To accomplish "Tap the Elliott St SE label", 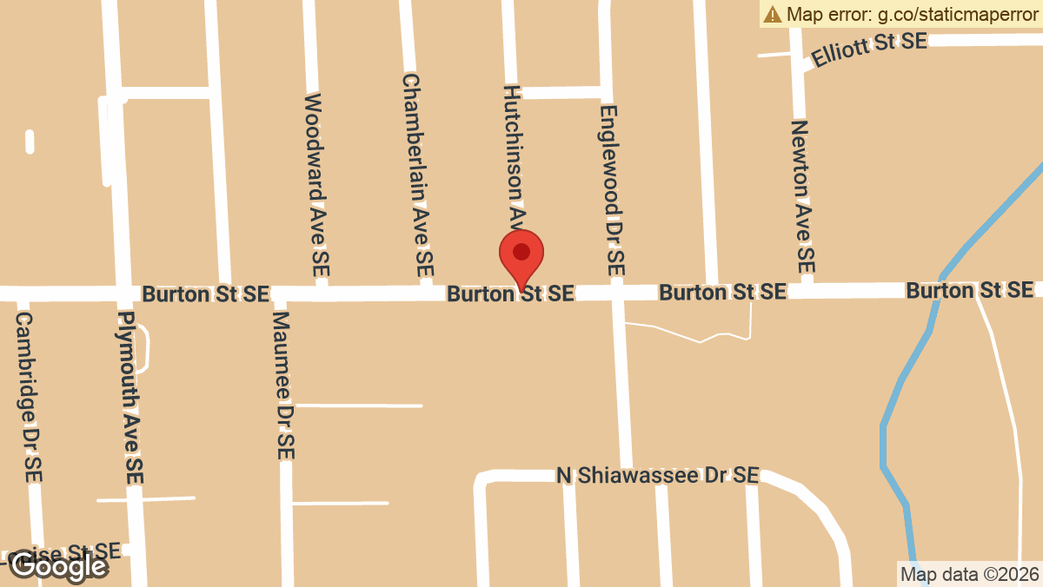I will pos(868,49).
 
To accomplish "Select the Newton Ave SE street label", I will pos(803,195).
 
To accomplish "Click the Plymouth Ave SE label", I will pos(130,397).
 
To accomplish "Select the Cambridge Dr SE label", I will pos(28,397).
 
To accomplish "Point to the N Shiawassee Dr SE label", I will pos(658,475).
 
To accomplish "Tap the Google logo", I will pos(58,566).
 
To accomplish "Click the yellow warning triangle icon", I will pos(772,14).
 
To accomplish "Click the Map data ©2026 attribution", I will pos(969,574).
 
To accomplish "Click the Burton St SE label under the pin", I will pos(510,293).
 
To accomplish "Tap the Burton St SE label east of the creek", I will pos(970,289).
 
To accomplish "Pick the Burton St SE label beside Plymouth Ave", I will pos(205,293).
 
